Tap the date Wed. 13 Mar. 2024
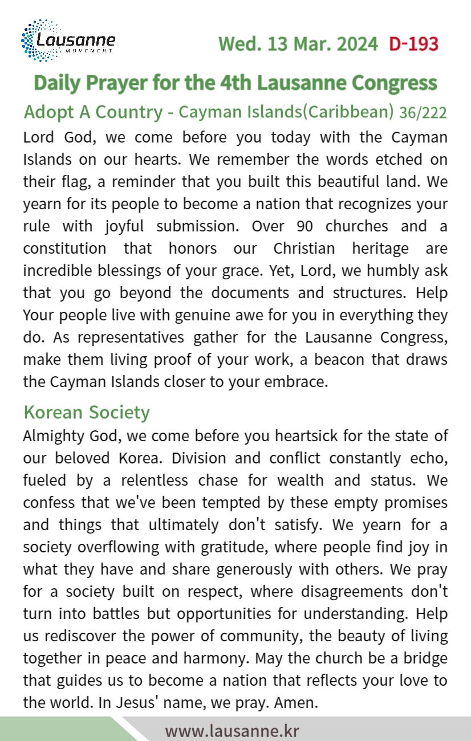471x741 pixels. click(298, 44)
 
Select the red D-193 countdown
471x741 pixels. click(413, 44)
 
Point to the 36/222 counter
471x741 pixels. click(423, 113)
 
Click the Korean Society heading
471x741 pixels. click(87, 412)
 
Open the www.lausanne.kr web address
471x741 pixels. click(232, 731)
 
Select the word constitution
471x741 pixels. click(64, 249)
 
